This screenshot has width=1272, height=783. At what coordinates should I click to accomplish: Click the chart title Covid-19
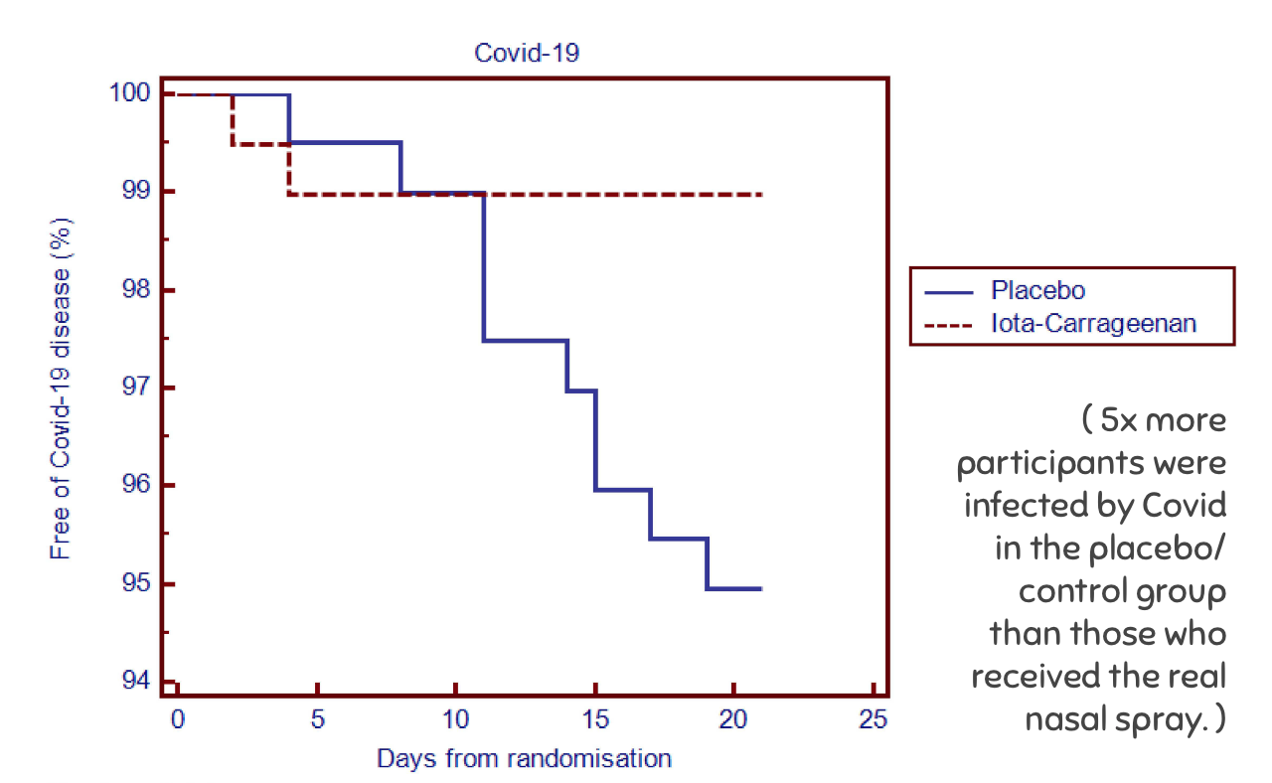[526, 53]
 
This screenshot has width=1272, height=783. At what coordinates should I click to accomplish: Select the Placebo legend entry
[1036, 290]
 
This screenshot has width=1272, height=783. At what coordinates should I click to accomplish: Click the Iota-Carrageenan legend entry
[1092, 323]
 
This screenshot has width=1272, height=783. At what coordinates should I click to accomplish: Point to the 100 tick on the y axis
[129, 93]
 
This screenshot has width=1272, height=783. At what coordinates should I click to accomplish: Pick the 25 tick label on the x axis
[873, 719]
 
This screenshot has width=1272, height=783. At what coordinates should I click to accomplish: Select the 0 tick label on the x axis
[177, 719]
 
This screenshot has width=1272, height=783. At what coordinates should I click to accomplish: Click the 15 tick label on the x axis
[594, 719]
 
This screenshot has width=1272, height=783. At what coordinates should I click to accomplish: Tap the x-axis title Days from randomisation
[524, 759]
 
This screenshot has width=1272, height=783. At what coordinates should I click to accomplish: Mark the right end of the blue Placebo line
[760, 589]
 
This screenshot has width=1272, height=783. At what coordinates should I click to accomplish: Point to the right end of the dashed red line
[761, 195]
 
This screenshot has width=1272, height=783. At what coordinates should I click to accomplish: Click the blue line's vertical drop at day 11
[483, 266]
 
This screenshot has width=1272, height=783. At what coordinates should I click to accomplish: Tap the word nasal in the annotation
[1069, 719]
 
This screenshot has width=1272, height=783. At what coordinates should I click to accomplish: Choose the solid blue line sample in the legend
[948, 291]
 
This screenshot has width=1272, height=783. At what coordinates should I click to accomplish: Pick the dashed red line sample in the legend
[948, 324]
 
